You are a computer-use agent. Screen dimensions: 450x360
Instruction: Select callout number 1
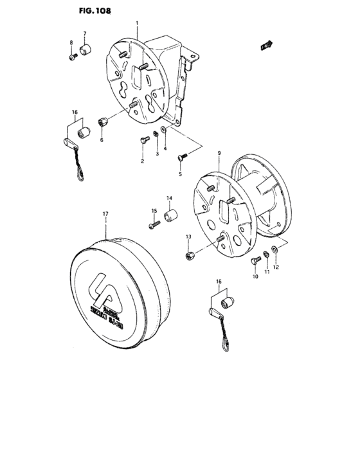(x=137, y=23)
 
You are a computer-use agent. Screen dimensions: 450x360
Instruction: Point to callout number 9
(x=219, y=153)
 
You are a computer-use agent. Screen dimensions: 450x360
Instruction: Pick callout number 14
(x=170, y=198)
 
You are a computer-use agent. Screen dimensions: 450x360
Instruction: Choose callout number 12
(x=276, y=266)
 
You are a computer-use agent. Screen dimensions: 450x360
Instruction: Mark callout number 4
(x=165, y=148)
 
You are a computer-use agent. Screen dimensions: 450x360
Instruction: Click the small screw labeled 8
(x=73, y=57)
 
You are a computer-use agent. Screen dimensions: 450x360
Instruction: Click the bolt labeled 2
(x=142, y=139)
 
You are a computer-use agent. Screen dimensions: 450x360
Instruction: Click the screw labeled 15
(x=155, y=225)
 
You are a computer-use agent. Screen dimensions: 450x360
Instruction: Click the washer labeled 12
(x=274, y=248)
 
